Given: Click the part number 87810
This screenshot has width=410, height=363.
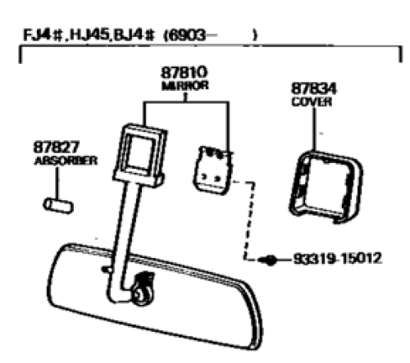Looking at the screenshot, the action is point(184,73).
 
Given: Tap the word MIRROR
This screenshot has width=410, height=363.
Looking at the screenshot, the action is point(185,86).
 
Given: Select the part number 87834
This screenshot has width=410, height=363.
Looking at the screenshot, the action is point(314,88).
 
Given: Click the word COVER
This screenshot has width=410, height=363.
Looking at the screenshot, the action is point(312,102).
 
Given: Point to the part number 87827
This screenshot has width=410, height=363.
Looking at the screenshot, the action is point(57,147).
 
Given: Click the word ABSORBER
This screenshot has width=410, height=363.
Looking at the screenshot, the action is point(66,161).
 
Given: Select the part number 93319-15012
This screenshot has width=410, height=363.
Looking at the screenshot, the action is point(337,258).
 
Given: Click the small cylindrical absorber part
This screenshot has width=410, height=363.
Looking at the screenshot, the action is point(58,206).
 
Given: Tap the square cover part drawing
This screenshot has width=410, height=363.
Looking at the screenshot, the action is point(326,187).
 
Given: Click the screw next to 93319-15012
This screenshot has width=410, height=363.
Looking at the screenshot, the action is point(268,260).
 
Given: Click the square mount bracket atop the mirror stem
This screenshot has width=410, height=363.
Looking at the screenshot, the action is point(139,155).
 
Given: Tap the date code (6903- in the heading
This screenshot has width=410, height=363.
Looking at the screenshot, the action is point(189,35).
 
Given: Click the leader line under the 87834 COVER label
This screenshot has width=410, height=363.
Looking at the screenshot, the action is point(314,129).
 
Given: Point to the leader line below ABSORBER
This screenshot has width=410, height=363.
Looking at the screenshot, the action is point(57,183).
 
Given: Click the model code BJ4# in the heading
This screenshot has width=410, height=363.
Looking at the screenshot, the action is point(134,35).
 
